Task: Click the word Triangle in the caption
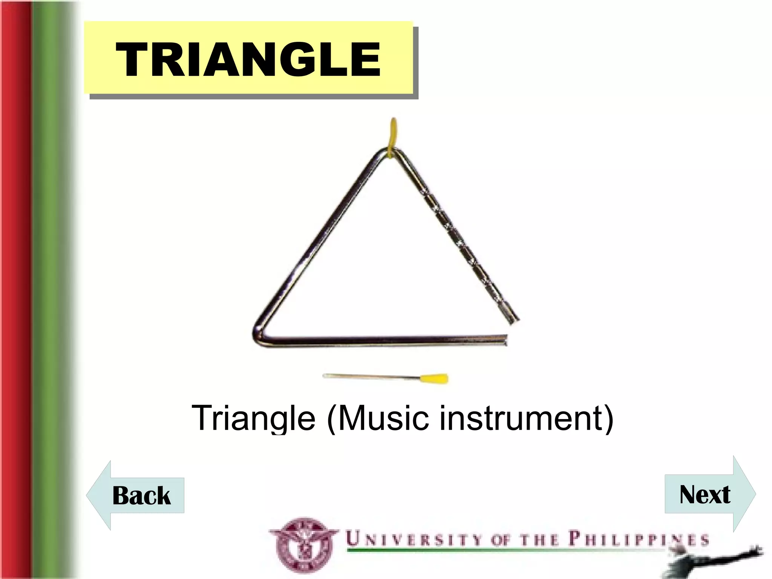click(253, 418)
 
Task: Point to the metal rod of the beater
click(369, 376)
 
